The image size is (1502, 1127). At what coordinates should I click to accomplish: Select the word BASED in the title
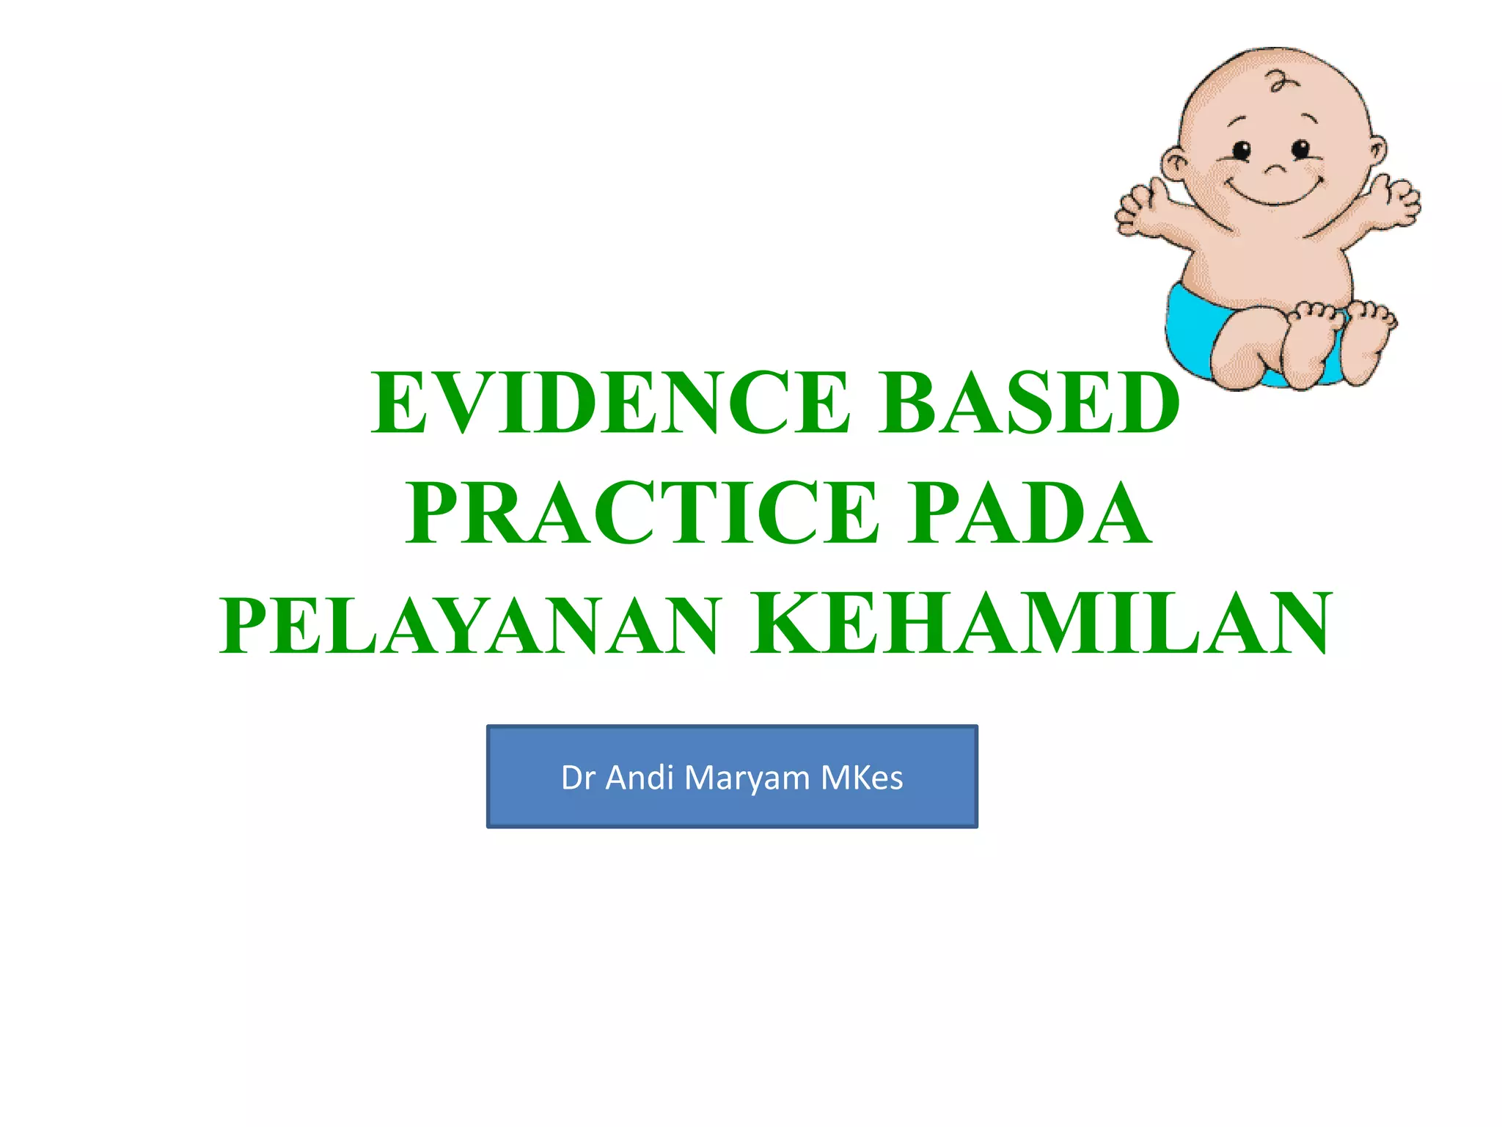[1030, 403]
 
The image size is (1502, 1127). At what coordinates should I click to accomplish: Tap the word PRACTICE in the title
[642, 513]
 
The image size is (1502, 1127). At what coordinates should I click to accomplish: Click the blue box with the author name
[732, 776]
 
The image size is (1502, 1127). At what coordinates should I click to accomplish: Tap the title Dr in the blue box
[578, 778]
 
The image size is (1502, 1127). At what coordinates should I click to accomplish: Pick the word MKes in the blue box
[862, 778]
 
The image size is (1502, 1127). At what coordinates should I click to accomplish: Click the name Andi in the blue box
[640, 778]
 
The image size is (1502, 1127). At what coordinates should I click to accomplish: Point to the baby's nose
[1274, 169]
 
